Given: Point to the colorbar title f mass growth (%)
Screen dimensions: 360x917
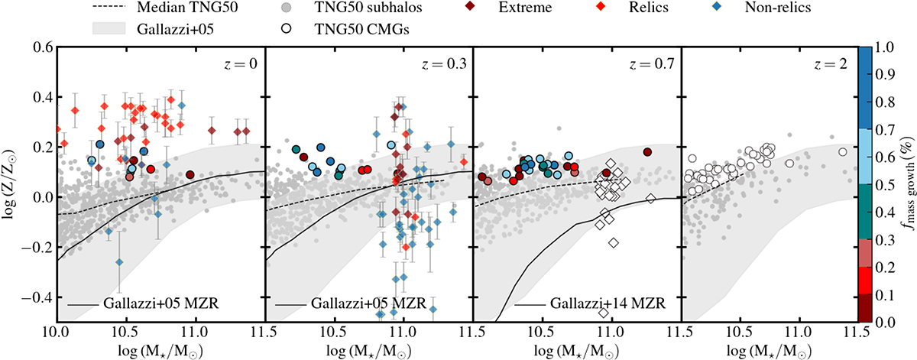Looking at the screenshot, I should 906,184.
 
